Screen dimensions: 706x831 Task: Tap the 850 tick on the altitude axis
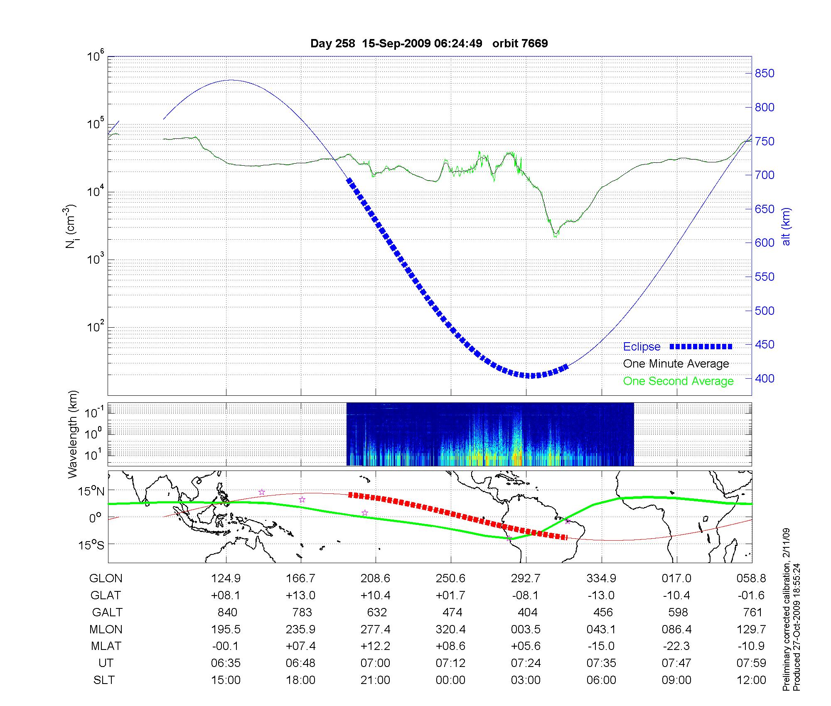(765, 74)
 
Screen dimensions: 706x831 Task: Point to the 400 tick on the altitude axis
(765, 378)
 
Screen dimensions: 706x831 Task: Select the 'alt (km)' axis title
(786, 226)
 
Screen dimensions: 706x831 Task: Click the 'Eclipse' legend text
(642, 347)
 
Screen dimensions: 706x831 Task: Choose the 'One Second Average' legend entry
(678, 381)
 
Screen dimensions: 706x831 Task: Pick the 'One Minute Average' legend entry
(676, 364)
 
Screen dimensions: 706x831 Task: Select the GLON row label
(106, 579)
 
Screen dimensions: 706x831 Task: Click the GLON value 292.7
(526, 579)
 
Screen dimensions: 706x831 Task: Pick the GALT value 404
(528, 613)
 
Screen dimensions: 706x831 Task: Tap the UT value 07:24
(526, 663)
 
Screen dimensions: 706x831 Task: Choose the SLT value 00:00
(450, 680)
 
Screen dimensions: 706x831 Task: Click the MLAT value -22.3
(676, 646)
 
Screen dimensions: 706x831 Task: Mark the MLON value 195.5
(226, 630)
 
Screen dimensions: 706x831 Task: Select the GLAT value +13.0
(300, 596)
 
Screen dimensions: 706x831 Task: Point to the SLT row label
(104, 680)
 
